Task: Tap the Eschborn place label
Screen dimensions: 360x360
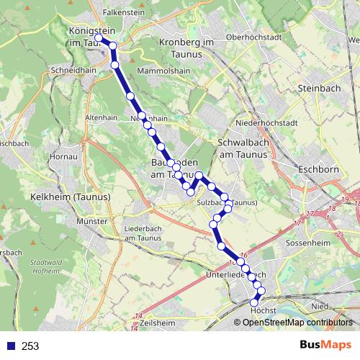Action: tap(314, 171)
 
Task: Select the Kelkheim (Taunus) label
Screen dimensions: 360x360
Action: tap(60, 197)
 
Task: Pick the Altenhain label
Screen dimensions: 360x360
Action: tap(101, 117)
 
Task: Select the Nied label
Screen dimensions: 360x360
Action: tap(319, 307)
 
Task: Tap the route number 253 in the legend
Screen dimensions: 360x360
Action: tap(30, 346)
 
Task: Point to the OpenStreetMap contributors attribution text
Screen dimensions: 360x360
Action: tap(297, 323)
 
